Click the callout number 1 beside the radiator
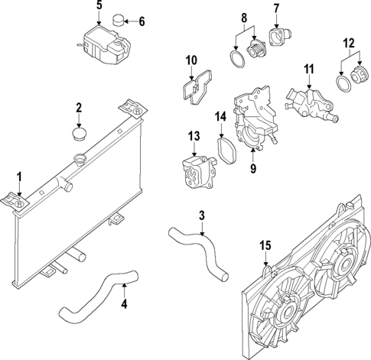(x=19, y=180)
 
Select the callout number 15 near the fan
(x=265, y=245)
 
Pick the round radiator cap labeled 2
(x=78, y=135)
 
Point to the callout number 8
(x=244, y=16)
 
